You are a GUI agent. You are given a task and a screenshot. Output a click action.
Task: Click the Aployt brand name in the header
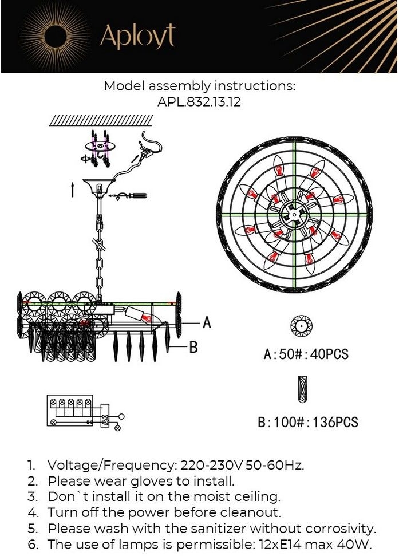click(137, 36)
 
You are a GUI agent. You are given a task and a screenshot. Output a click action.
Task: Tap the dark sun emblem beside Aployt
click(56, 36)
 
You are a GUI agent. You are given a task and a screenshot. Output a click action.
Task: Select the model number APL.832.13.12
click(199, 102)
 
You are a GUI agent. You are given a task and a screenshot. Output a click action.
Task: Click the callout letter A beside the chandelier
click(207, 323)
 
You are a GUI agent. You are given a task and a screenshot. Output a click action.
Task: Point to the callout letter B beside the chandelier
click(193, 347)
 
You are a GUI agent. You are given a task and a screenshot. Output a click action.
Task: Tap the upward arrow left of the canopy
click(73, 190)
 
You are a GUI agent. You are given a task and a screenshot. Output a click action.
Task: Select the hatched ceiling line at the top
click(101, 121)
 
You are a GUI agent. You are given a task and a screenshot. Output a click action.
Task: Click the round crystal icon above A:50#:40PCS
click(301, 326)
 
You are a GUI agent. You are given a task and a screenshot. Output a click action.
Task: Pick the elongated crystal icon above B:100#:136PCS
click(302, 389)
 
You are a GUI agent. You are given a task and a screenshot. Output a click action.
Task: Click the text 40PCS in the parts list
click(329, 354)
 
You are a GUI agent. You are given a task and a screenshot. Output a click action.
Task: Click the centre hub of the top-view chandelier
click(294, 215)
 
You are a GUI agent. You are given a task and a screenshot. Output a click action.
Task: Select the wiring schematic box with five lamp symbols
click(70, 410)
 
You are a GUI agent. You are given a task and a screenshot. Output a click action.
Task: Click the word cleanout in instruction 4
click(250, 512)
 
